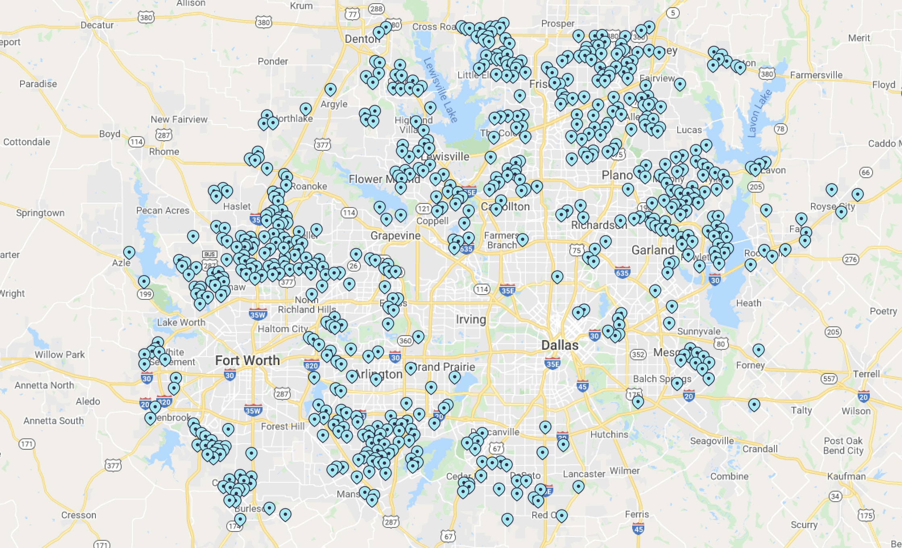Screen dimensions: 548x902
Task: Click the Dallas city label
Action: (x=560, y=345)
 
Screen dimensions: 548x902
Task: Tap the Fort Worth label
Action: (x=247, y=360)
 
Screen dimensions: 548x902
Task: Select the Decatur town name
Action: (x=97, y=25)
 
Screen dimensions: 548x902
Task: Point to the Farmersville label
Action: (x=816, y=75)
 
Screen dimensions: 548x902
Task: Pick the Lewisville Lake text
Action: (x=441, y=90)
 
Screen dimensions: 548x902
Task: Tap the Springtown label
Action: (x=40, y=213)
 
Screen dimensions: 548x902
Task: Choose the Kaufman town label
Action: (x=846, y=476)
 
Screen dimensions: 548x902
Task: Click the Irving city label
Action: (x=471, y=320)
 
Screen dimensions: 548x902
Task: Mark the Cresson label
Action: (x=79, y=515)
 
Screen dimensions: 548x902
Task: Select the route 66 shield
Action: (x=866, y=172)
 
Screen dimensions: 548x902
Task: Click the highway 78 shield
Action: (x=780, y=129)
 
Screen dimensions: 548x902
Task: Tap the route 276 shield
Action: (x=850, y=259)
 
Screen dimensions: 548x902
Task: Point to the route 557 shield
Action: (x=829, y=379)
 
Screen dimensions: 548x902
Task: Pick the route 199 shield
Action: (x=145, y=294)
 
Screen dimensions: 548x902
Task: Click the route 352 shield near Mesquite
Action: (x=638, y=355)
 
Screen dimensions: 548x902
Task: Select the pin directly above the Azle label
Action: (x=129, y=253)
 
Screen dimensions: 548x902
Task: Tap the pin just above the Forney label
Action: (x=758, y=350)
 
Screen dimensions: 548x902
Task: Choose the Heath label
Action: (x=749, y=303)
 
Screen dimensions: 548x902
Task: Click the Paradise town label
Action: (x=38, y=84)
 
